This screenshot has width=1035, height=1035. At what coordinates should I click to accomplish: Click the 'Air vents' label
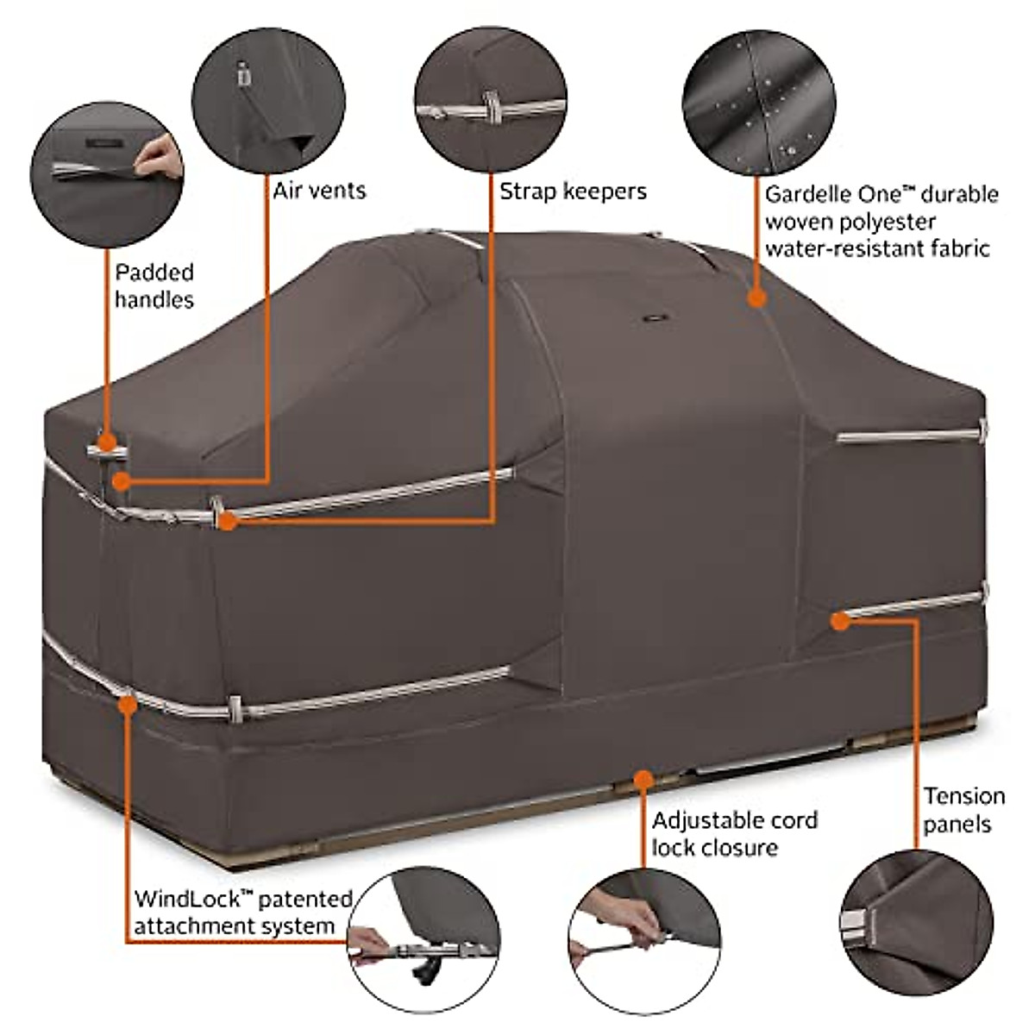[x=319, y=191]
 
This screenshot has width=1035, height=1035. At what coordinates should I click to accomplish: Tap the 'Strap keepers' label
[x=573, y=191]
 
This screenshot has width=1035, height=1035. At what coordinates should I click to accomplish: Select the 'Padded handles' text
[x=154, y=285]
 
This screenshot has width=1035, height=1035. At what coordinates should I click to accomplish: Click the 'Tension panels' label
[x=963, y=809]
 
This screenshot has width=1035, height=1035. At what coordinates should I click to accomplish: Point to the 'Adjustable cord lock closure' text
[x=734, y=833]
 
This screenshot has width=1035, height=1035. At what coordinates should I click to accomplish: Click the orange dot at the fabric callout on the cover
[x=756, y=298]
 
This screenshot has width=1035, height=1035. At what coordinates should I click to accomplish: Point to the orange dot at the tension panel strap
[x=840, y=619]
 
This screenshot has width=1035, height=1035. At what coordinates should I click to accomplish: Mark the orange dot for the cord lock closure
[x=642, y=779]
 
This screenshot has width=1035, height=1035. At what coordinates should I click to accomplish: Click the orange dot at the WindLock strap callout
[x=128, y=703]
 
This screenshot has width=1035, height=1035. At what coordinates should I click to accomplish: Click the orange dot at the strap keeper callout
[x=227, y=521]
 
